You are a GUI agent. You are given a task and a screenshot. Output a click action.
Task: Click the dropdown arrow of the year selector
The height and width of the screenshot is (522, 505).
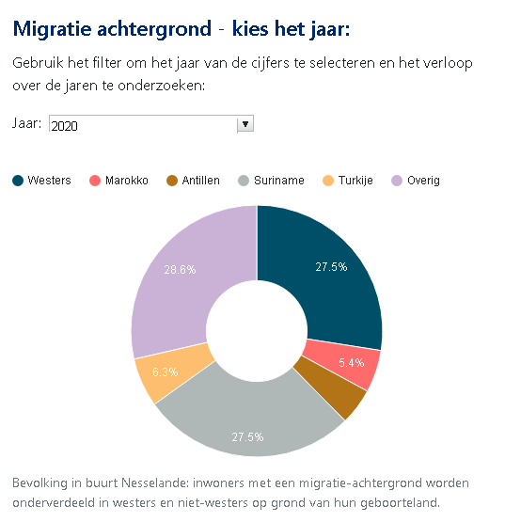[x=245, y=124]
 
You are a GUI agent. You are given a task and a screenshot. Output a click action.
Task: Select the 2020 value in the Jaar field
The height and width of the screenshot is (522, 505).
[x=65, y=126]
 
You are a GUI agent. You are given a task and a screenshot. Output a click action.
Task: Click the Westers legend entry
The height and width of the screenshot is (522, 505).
[x=41, y=181]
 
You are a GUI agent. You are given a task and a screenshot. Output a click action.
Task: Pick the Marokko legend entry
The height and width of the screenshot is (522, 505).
[x=118, y=181]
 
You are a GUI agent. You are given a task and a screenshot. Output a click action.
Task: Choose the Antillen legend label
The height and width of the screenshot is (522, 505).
[x=200, y=181]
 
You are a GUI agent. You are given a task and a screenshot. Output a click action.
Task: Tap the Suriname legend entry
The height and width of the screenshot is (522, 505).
[x=272, y=181]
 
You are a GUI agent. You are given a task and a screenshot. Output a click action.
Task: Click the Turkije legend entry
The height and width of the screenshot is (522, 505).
[x=348, y=181]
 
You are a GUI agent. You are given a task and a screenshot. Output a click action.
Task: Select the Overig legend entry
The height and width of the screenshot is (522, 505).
[x=416, y=181]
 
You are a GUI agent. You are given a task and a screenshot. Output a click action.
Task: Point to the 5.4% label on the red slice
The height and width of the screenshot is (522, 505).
[x=352, y=362]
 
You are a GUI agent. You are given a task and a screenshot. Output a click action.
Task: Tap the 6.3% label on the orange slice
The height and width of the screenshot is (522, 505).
[x=166, y=372]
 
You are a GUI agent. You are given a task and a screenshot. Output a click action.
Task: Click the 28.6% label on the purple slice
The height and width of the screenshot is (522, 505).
[x=180, y=269]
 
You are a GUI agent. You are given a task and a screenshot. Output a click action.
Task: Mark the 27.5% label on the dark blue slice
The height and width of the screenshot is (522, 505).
[x=331, y=267]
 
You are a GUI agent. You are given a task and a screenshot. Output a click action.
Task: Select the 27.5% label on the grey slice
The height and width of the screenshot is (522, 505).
[x=247, y=436]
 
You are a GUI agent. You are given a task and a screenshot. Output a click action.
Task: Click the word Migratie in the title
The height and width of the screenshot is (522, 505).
[x=53, y=29]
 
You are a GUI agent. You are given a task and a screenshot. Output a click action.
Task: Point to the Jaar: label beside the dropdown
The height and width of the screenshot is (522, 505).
[x=27, y=123]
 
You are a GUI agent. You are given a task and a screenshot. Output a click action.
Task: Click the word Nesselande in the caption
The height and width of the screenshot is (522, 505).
[x=155, y=482]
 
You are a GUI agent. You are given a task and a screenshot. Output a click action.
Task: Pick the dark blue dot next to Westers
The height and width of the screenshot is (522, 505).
[x=18, y=181]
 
